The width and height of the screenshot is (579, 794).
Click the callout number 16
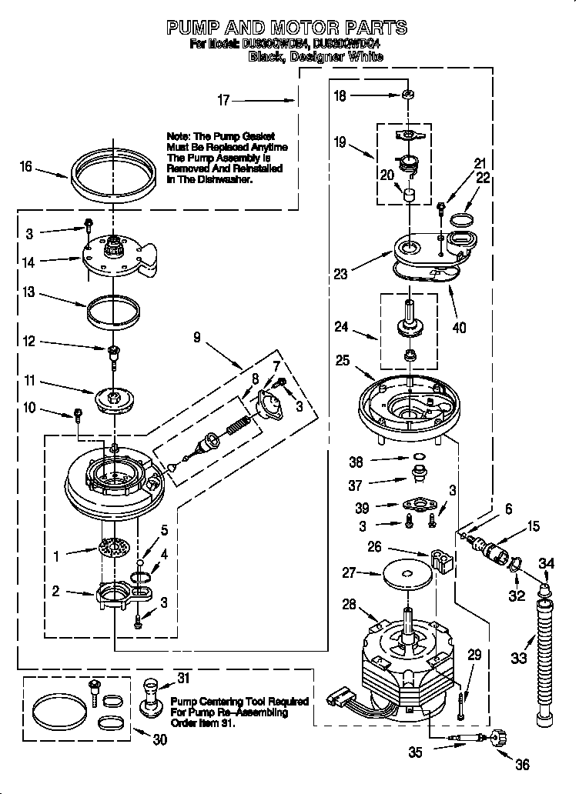point(26,166)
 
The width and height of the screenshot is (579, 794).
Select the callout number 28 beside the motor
point(348,605)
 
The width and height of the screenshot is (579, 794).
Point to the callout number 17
point(223,99)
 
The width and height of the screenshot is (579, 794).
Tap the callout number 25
point(343,359)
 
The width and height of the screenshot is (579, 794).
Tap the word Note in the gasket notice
point(179,135)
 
